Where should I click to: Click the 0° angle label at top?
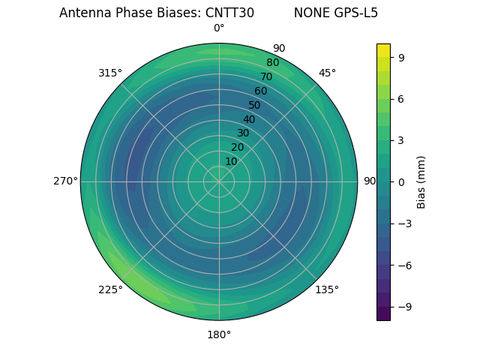tap(219, 28)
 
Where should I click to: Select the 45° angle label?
tap(327, 73)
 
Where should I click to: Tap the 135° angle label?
tap(327, 289)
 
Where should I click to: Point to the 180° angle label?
tap(219, 334)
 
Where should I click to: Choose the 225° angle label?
tap(110, 289)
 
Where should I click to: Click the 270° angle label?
tap(65, 181)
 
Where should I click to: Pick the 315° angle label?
tap(110, 73)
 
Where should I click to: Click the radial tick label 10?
tap(231, 161)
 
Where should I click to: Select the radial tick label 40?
tap(249, 119)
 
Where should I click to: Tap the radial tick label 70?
tap(266, 76)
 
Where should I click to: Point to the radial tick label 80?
tap(272, 63)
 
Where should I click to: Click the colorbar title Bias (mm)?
tap(421, 181)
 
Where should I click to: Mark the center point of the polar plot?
tap(219, 181)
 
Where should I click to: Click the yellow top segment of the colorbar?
tap(383, 49)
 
